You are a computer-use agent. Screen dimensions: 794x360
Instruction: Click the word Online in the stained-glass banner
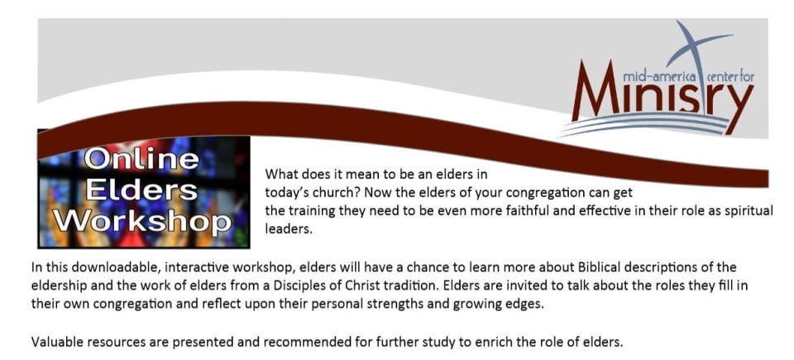141,159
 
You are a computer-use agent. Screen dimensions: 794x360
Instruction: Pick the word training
304,211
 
